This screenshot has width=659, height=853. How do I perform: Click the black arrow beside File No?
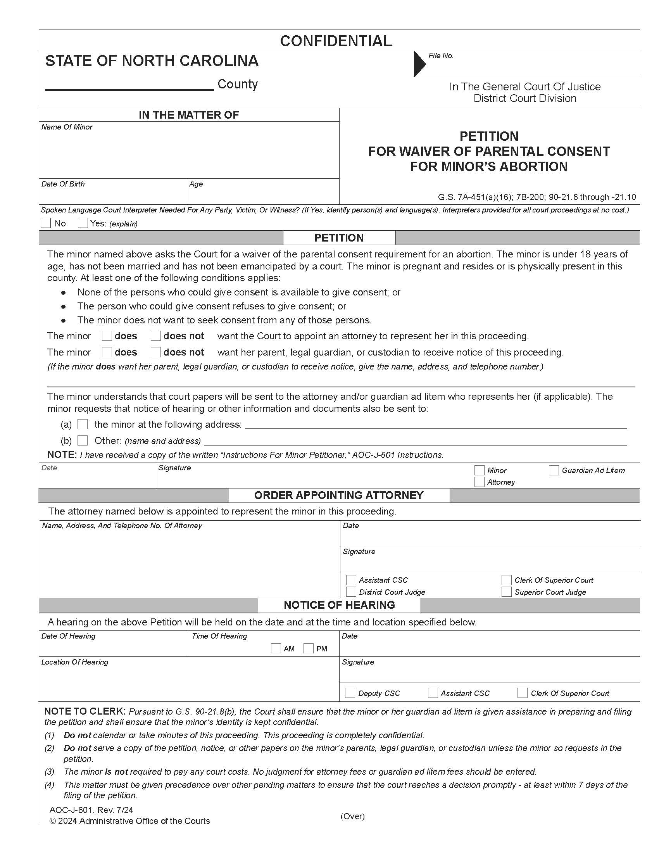(420, 64)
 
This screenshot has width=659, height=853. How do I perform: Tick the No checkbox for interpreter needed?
(46, 223)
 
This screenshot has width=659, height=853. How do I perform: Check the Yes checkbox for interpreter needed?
(83, 223)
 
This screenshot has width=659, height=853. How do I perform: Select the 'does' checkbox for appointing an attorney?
(107, 336)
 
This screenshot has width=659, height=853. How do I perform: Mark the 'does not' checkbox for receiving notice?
(156, 352)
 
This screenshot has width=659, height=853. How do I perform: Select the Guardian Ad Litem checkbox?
(554, 470)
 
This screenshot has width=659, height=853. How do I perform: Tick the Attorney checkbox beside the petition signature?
(480, 482)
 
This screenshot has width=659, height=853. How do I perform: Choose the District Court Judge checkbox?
(351, 592)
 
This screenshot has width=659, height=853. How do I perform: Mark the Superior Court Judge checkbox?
(506, 592)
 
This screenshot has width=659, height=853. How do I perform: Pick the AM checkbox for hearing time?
(276, 648)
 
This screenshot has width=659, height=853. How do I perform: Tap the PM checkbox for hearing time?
(309, 648)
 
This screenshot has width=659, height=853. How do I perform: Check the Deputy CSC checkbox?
(350, 693)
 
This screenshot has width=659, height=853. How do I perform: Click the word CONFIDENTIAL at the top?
(336, 41)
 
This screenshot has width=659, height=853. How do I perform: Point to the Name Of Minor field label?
(67, 127)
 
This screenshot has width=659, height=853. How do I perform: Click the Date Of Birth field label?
(63, 184)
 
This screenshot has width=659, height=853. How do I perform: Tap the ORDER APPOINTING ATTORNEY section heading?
(338, 495)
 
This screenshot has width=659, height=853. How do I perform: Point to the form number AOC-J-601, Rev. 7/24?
(91, 810)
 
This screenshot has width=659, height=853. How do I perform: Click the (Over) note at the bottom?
(352, 816)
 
